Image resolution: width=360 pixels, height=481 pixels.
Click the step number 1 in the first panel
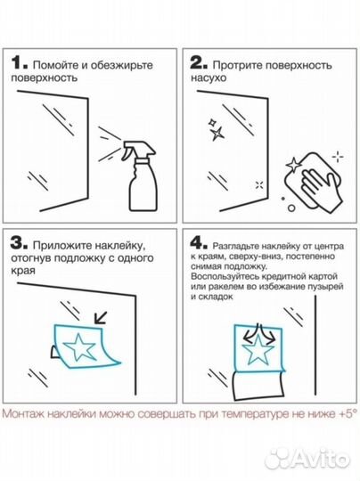pyautogui.click(x=19, y=63)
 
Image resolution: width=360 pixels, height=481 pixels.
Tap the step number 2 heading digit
pyautogui.click(x=199, y=63)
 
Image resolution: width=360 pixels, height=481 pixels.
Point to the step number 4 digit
pyautogui.click(x=198, y=242)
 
